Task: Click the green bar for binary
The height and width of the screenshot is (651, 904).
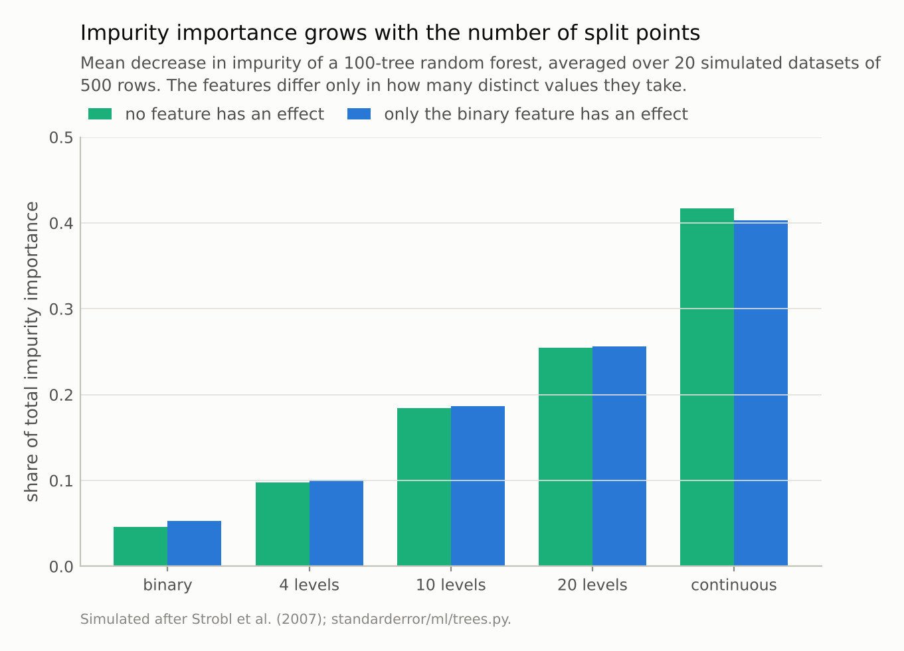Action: pos(140,546)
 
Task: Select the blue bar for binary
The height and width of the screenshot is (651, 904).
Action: pos(194,543)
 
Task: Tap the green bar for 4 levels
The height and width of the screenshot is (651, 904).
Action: pos(282,524)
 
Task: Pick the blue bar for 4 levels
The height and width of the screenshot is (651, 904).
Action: pos(336,523)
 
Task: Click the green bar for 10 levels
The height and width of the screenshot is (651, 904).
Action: pos(424,487)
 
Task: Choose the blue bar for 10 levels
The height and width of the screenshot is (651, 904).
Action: pos(478,486)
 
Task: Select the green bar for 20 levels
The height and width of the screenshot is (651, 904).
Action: pos(565,457)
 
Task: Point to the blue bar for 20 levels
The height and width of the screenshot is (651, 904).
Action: pos(619,456)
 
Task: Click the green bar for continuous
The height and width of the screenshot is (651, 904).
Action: pos(707,387)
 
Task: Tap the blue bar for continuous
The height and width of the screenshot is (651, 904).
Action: pos(761,393)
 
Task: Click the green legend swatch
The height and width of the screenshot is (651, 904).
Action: pos(100,114)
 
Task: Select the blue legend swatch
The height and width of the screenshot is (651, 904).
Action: pos(359,114)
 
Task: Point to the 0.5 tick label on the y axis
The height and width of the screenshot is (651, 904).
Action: pos(61,138)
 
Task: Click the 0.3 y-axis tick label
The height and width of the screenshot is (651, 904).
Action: pos(61,309)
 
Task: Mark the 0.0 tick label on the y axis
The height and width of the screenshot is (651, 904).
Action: pos(61,567)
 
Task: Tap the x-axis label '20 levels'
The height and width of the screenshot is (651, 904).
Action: pos(592,585)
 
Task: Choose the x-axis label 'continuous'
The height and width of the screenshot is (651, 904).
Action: pos(734,585)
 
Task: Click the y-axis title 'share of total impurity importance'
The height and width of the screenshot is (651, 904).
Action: pos(32,352)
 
